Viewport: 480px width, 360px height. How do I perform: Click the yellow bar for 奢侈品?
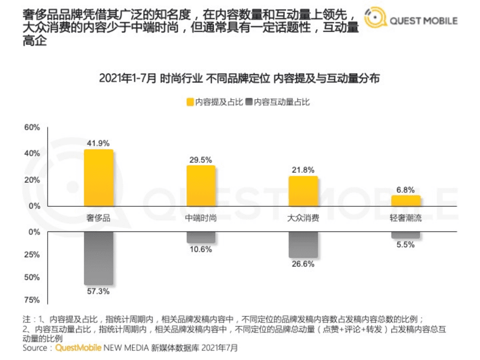pos(99,178)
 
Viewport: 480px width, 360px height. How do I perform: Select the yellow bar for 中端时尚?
pos(201,186)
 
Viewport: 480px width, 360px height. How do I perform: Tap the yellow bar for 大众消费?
pos(303,191)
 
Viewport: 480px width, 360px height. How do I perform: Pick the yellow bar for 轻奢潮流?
pos(405,201)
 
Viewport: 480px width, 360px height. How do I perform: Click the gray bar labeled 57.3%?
pos(99,258)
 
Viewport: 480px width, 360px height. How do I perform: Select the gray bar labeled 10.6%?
pos(201,237)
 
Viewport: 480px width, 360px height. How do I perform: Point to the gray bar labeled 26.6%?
pos(303,245)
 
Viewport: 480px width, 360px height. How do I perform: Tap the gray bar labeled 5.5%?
pos(405,235)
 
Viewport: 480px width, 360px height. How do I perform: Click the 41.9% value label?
pos(98,143)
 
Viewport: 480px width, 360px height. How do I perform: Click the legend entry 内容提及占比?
pos(215,102)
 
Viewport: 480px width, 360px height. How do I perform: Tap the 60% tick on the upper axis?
pos(32,128)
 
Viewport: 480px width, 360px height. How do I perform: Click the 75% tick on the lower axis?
pos(32,300)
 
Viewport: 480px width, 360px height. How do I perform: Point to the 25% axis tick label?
pos(32,255)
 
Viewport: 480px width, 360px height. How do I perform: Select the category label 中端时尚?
pos(201,218)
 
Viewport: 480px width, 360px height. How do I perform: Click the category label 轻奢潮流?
pos(405,218)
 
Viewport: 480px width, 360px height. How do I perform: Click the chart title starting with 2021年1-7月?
pos(239,78)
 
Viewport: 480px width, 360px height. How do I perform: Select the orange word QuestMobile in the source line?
pos(78,347)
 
